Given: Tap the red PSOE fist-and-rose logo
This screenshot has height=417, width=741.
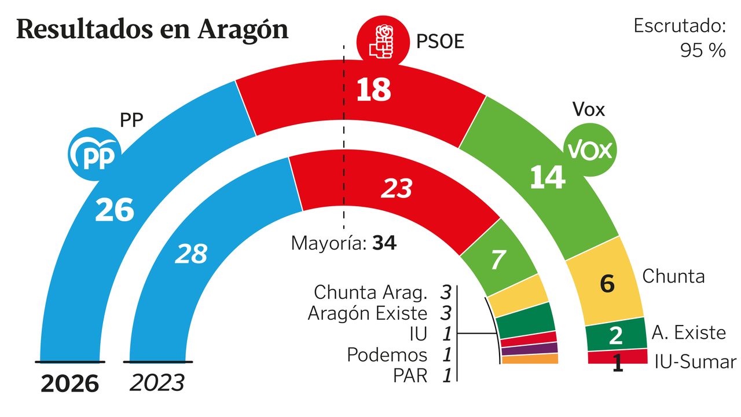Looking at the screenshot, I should (381, 39).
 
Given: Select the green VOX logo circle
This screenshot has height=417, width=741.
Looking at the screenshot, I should (590, 151).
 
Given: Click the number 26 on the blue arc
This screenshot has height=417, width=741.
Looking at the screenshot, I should (115, 210).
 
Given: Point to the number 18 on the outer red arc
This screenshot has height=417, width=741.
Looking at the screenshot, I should (373, 90).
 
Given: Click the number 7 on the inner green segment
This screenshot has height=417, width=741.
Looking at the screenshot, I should (498, 261).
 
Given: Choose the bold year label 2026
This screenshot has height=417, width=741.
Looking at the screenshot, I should (70, 383).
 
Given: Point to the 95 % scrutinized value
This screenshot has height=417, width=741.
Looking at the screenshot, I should (703, 50).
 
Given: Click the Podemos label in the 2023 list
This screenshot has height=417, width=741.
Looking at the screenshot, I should (387, 354).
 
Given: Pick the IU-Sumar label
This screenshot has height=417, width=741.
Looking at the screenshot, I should (695, 363).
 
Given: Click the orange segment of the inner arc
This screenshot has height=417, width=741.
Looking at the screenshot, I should (530, 360).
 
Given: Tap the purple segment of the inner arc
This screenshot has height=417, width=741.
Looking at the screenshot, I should (529, 349).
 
